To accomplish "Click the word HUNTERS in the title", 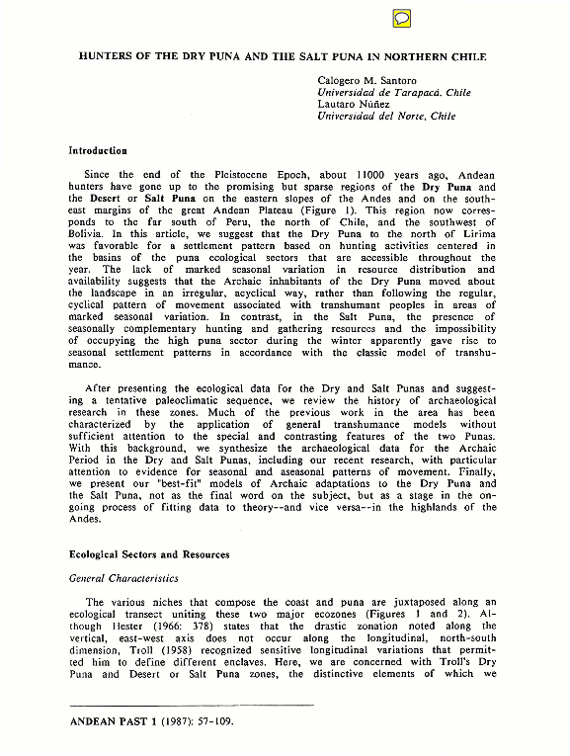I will [x=108, y=55].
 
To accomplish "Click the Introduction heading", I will [x=98, y=151].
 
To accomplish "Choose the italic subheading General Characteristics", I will [x=123, y=578].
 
